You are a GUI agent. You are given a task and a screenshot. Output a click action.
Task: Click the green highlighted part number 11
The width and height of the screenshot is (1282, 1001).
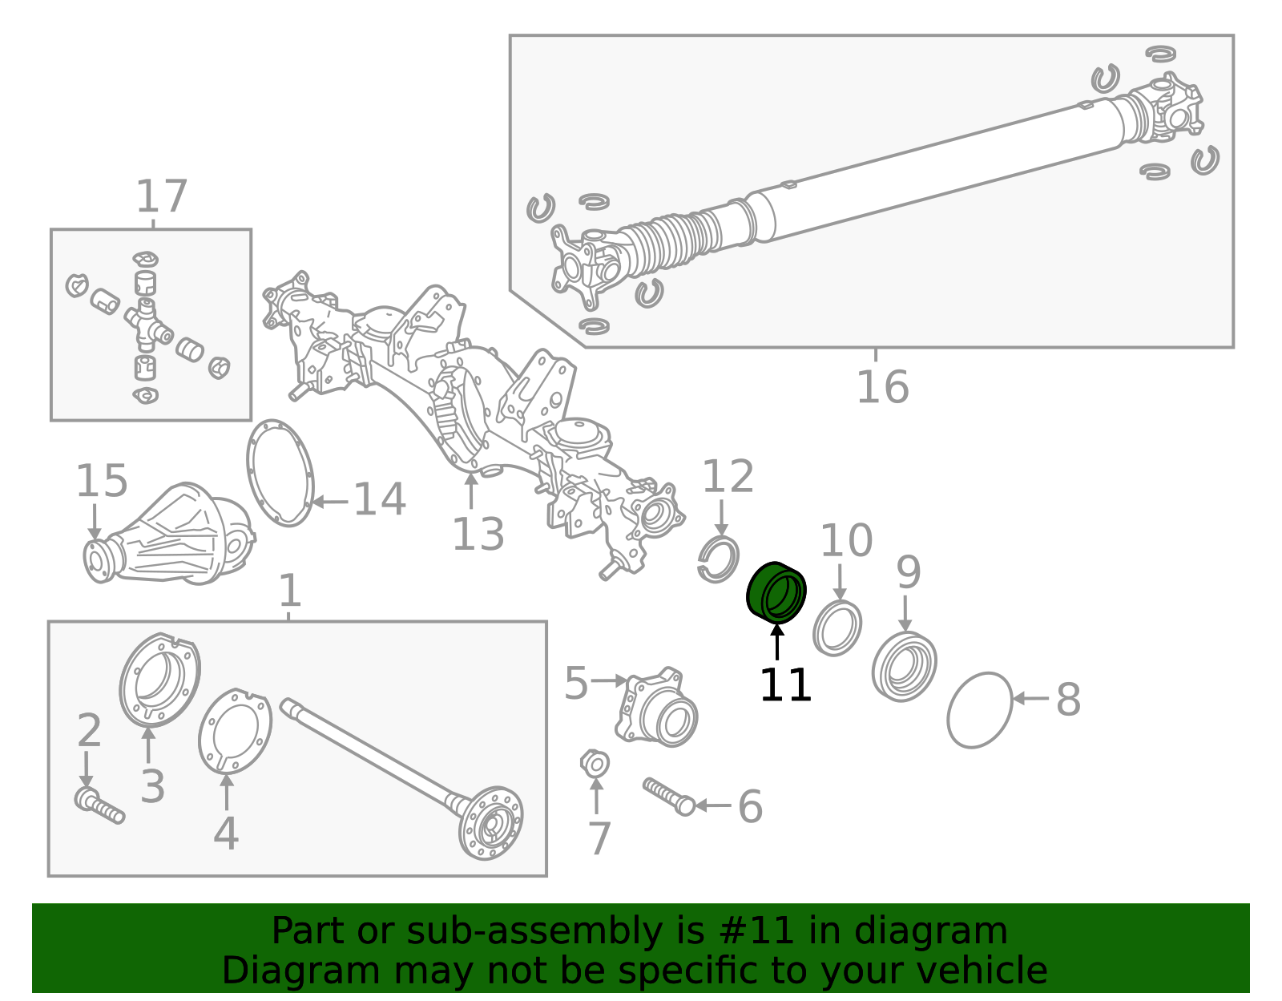pos(776,593)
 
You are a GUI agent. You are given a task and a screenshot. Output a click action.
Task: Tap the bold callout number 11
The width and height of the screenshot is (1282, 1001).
pos(785,685)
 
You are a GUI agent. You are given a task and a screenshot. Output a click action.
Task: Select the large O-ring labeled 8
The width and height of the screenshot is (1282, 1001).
pos(980,710)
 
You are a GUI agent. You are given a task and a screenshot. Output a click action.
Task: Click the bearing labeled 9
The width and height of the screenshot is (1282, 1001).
pos(904,666)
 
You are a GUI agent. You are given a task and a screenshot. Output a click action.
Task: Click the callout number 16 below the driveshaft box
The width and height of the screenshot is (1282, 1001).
pos(883,387)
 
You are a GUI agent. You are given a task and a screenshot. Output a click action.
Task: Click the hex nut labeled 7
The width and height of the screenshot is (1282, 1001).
pos(595,765)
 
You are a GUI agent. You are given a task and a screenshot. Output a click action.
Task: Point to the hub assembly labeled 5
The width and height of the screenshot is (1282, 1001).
pos(657,707)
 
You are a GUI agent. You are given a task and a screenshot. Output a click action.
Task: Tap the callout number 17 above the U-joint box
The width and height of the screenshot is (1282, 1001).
pos(162,196)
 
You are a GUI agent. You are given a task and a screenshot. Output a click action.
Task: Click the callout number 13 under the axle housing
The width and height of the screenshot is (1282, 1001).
pos(478,535)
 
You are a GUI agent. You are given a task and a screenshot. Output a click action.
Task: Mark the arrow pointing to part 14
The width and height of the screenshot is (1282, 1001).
pos(330,503)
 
